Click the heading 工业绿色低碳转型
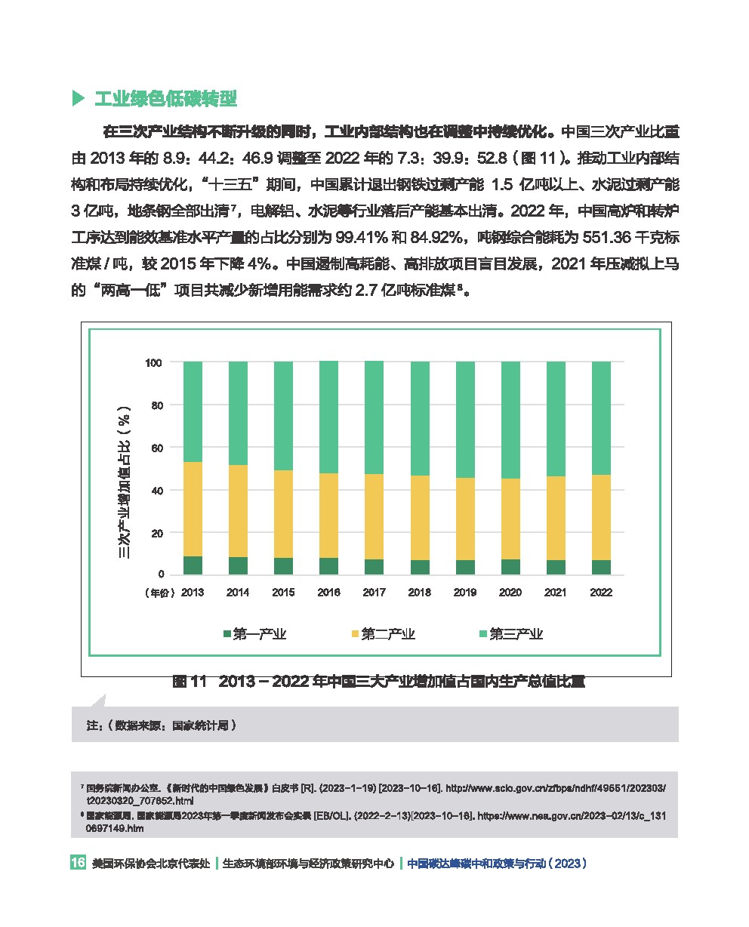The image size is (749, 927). coord(165,99)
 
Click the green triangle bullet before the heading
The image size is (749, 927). coord(77,99)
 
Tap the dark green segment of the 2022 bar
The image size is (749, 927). coord(601,567)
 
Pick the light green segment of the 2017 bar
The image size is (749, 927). coord(374,417)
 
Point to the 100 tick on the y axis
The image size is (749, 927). coord(153,363)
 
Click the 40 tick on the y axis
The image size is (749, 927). coord(156,491)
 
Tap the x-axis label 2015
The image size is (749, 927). coord(283,593)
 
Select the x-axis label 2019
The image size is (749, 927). coord(465,593)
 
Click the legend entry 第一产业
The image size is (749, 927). coord(254,634)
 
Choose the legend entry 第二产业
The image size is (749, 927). coord(382,634)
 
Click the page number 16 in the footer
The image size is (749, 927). coord(78,864)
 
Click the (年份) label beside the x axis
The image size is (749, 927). coord(160,593)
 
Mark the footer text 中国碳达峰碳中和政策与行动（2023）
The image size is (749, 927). coord(497,864)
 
